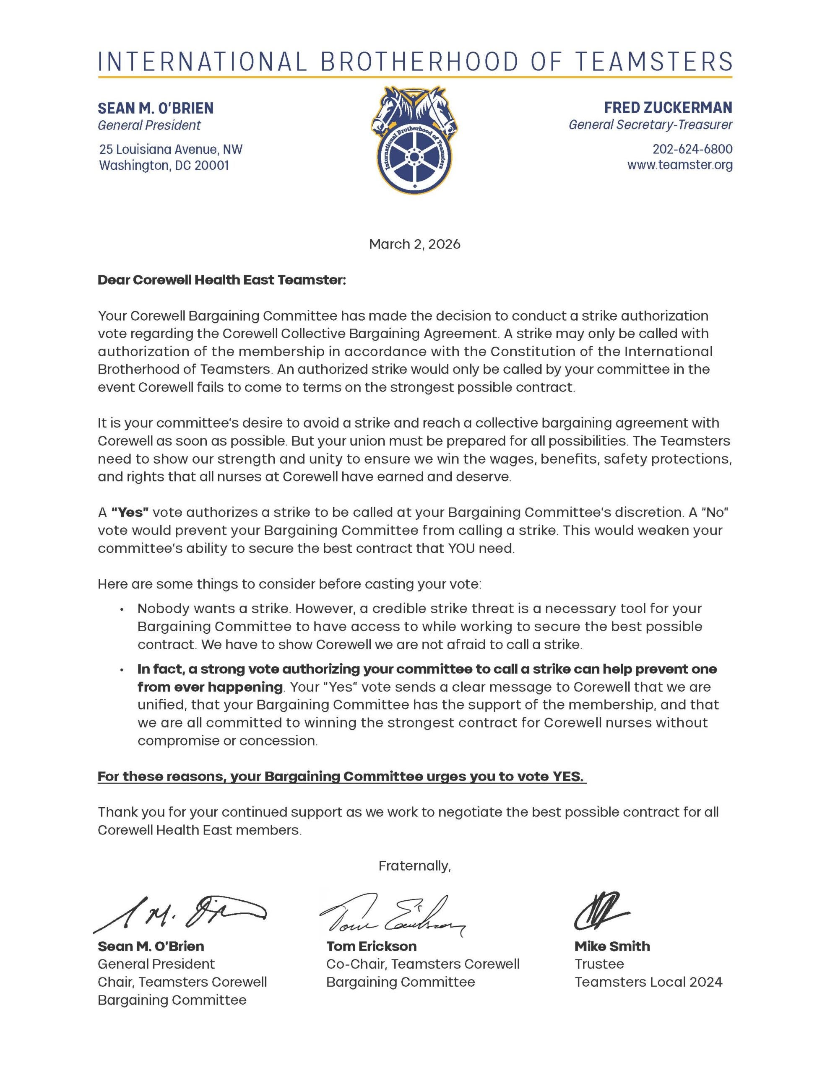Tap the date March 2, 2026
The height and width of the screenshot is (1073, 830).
tap(414, 244)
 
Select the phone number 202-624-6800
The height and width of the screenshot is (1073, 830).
tap(692, 149)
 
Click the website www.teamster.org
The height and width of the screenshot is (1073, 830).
tap(679, 165)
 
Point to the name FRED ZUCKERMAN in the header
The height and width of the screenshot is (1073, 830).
tap(668, 108)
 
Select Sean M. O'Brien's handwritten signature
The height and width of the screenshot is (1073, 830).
tap(180, 913)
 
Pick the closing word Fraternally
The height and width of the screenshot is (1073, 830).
tap(414, 866)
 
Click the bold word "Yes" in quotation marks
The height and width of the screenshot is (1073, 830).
tap(130, 513)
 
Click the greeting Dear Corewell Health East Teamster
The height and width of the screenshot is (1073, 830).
tap(222, 280)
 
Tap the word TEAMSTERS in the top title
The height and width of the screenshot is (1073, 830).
tap(654, 62)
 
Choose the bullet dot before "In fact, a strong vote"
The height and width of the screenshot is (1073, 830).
tap(121, 670)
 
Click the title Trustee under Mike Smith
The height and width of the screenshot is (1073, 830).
tap(599, 964)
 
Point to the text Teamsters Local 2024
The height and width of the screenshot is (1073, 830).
tap(648, 982)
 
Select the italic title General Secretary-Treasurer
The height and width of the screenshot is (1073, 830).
tap(650, 125)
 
